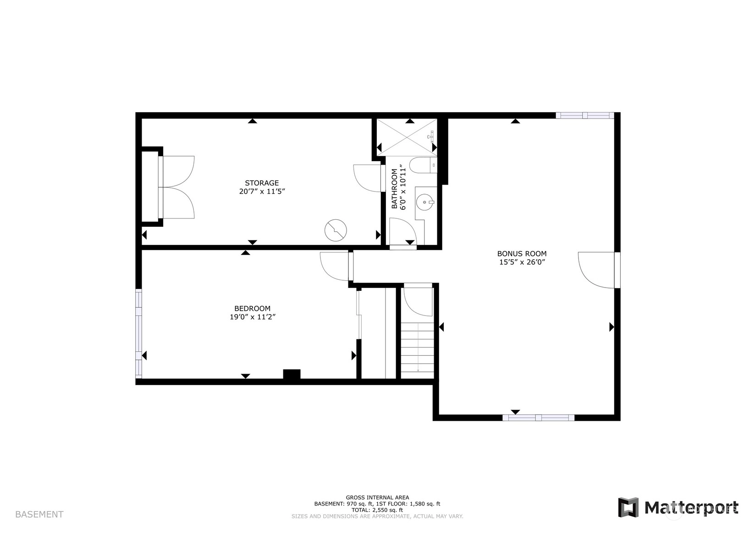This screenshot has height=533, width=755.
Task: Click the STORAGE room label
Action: (x=262, y=183)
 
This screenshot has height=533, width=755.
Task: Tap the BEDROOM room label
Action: (x=253, y=309)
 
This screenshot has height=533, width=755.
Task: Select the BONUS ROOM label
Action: (x=522, y=254)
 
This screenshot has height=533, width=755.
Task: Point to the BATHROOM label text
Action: (x=394, y=189)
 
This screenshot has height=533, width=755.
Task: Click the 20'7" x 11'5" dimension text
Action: (x=262, y=191)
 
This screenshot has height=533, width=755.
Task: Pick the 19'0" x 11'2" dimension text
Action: (x=253, y=317)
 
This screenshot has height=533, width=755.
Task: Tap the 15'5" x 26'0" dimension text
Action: (x=522, y=262)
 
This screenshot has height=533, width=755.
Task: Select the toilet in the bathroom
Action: (x=423, y=165)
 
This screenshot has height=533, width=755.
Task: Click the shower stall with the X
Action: (x=407, y=137)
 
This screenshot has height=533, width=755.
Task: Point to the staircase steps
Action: (x=417, y=351)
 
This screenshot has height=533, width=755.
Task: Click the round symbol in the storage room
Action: (x=336, y=230)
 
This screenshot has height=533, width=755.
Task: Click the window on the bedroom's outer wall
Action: (x=138, y=333)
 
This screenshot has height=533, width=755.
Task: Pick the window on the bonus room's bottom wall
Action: (x=538, y=418)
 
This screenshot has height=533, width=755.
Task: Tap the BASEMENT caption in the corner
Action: (x=39, y=515)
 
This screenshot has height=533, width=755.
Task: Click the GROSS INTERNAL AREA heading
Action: (x=378, y=497)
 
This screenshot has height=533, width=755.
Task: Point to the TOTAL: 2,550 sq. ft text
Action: (x=378, y=510)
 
